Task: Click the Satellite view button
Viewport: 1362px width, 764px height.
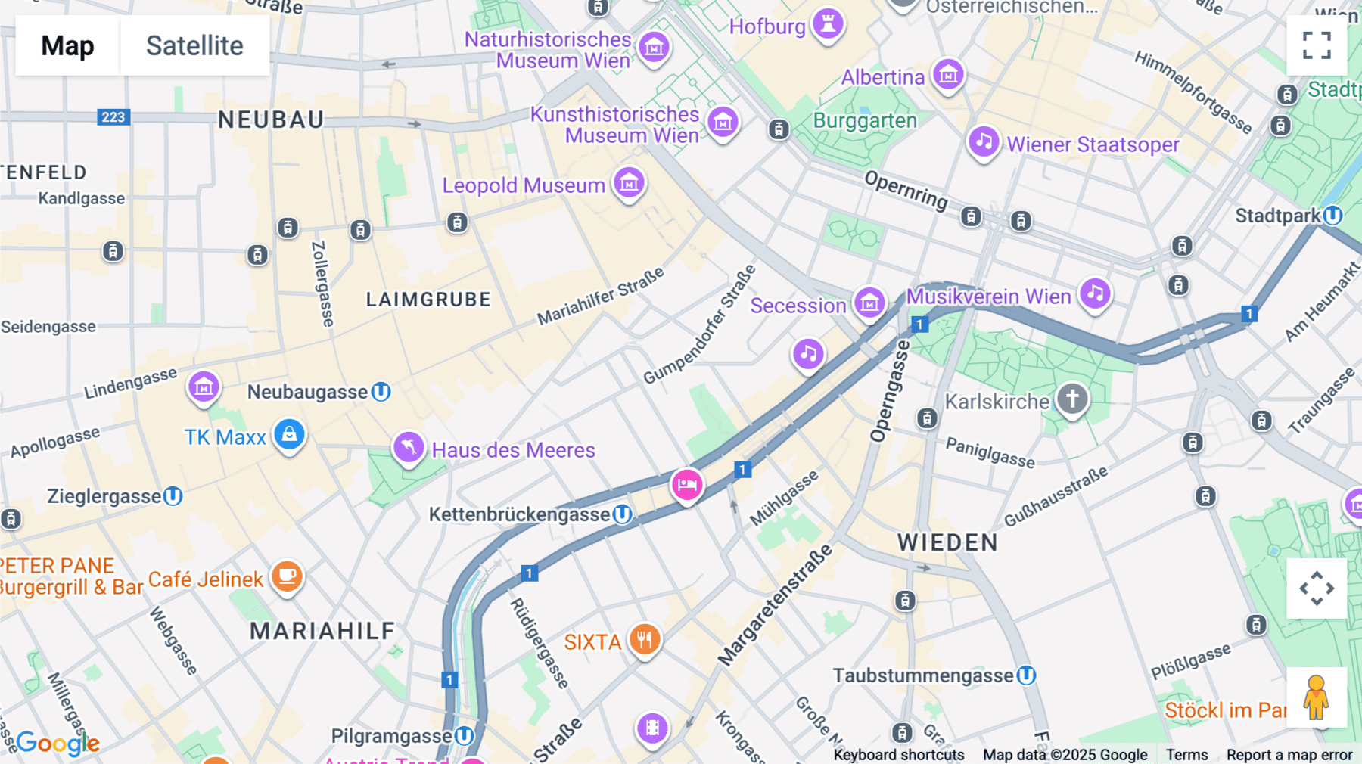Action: click(194, 45)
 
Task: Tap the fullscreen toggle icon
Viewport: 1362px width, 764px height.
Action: click(1317, 45)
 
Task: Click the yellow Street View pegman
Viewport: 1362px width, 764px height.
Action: click(1316, 697)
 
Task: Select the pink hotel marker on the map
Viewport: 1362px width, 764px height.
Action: click(687, 484)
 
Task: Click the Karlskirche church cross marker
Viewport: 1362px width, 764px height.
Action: click(1071, 399)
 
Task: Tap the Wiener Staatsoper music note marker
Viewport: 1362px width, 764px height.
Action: click(983, 141)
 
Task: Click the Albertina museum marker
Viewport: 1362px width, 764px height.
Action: click(947, 74)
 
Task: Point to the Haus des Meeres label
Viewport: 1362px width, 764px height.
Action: click(513, 450)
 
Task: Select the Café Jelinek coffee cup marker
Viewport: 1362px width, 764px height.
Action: click(287, 576)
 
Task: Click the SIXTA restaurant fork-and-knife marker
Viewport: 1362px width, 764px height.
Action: click(644, 640)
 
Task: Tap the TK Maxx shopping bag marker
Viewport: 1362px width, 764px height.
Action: click(289, 434)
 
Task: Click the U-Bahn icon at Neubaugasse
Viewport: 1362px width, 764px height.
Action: click(381, 392)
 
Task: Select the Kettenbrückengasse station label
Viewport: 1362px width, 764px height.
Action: click(519, 514)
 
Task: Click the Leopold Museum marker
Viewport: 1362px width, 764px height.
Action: click(629, 182)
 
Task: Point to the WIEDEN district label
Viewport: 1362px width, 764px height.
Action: click(947, 542)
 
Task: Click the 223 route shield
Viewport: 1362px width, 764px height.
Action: click(113, 117)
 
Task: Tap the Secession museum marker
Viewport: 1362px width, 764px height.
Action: click(869, 303)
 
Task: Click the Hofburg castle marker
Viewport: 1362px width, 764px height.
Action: click(828, 23)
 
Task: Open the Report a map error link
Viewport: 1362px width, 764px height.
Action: click(1289, 755)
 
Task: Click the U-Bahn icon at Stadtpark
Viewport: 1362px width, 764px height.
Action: click(1333, 216)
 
